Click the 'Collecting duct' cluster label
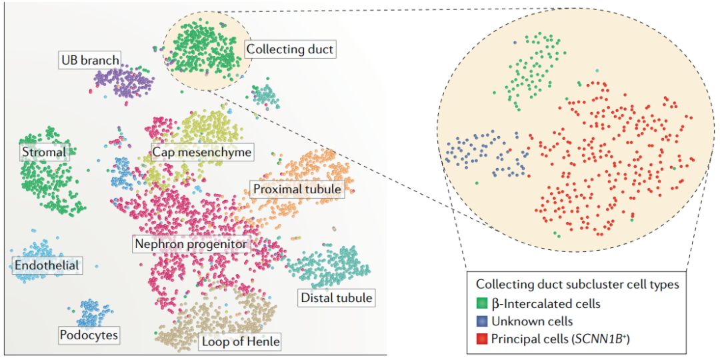click(289, 49)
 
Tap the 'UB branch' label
click(90, 60)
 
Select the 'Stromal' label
click(43, 152)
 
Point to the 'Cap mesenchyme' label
click(201, 153)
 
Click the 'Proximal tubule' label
click(297, 189)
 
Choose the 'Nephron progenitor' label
click(191, 244)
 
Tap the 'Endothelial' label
click(47, 266)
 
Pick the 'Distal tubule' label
click(336, 297)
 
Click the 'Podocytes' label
click(89, 334)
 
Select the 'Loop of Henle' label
click(239, 343)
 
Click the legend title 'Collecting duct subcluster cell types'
click(577, 285)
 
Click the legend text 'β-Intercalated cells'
click(546, 304)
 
